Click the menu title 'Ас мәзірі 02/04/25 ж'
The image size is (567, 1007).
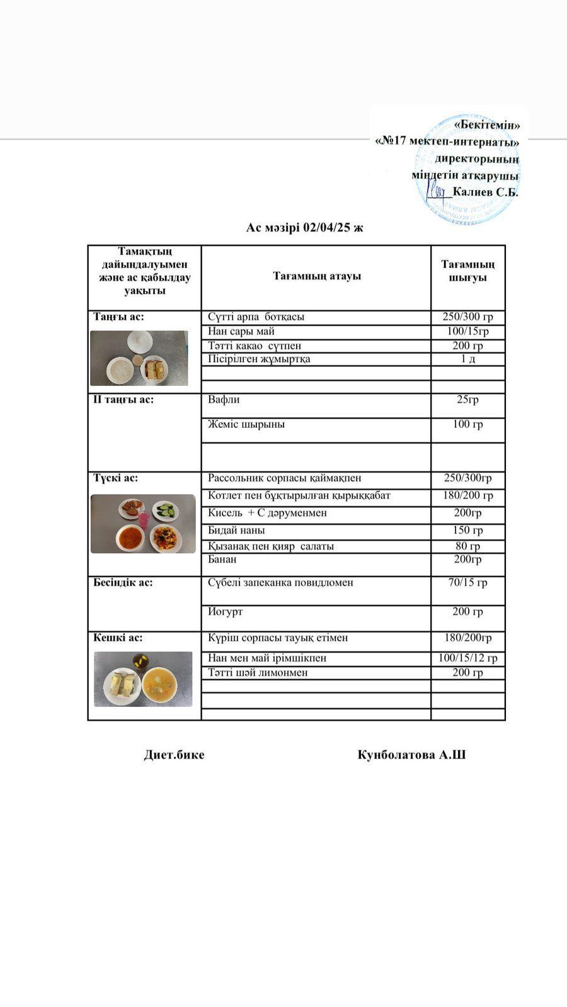click(304, 228)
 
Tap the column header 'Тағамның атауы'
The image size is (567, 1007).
click(316, 276)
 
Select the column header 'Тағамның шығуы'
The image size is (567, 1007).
click(467, 271)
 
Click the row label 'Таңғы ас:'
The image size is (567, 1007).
click(119, 317)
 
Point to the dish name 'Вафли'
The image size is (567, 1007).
click(224, 400)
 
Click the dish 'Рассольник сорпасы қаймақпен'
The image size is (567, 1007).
click(285, 478)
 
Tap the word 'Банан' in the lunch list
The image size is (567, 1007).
click(222, 559)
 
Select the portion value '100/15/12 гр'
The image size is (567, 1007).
click(468, 658)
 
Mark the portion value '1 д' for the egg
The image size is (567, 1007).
click(467, 359)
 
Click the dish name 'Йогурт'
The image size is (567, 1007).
click(225, 612)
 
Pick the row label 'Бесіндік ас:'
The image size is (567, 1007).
click(123, 582)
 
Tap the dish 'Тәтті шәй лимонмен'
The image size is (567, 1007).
click(258, 673)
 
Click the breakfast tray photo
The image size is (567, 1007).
click(139, 358)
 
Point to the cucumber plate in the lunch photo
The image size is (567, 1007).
click(166, 510)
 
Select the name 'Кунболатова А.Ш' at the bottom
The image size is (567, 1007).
click(411, 755)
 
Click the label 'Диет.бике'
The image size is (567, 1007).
click(174, 755)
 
